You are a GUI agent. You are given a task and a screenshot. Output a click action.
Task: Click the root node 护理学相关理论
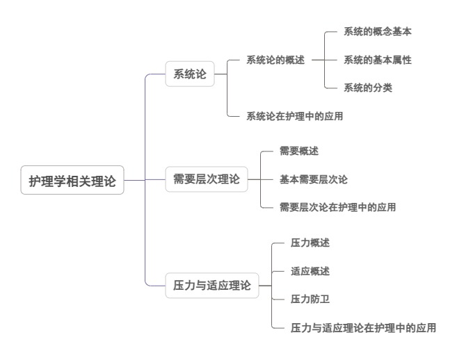[x=72, y=180]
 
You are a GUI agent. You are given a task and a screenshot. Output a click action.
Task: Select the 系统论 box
[x=190, y=74]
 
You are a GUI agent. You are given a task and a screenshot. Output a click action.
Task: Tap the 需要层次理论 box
[x=206, y=179]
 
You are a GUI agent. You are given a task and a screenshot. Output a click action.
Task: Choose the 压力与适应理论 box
[x=211, y=286]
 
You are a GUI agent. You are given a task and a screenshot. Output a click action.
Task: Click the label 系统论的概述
[x=275, y=60]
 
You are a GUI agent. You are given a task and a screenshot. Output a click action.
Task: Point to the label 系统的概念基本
[x=378, y=32]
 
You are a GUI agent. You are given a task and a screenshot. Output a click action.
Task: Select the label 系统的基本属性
[x=378, y=60]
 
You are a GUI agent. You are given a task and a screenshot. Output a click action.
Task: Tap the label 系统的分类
[x=368, y=88]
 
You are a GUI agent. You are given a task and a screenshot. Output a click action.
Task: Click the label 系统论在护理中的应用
[x=294, y=116]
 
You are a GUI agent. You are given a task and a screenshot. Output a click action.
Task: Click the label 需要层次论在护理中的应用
[x=337, y=207]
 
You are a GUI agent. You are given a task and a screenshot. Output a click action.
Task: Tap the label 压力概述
[x=310, y=243]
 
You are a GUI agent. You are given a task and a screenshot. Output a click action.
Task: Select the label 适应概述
[x=310, y=271]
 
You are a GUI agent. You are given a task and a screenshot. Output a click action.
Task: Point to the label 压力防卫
[x=310, y=300]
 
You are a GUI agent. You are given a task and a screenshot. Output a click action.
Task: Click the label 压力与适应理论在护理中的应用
[x=363, y=327]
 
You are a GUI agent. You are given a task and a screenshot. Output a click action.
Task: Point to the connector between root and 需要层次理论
[x=145, y=180]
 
